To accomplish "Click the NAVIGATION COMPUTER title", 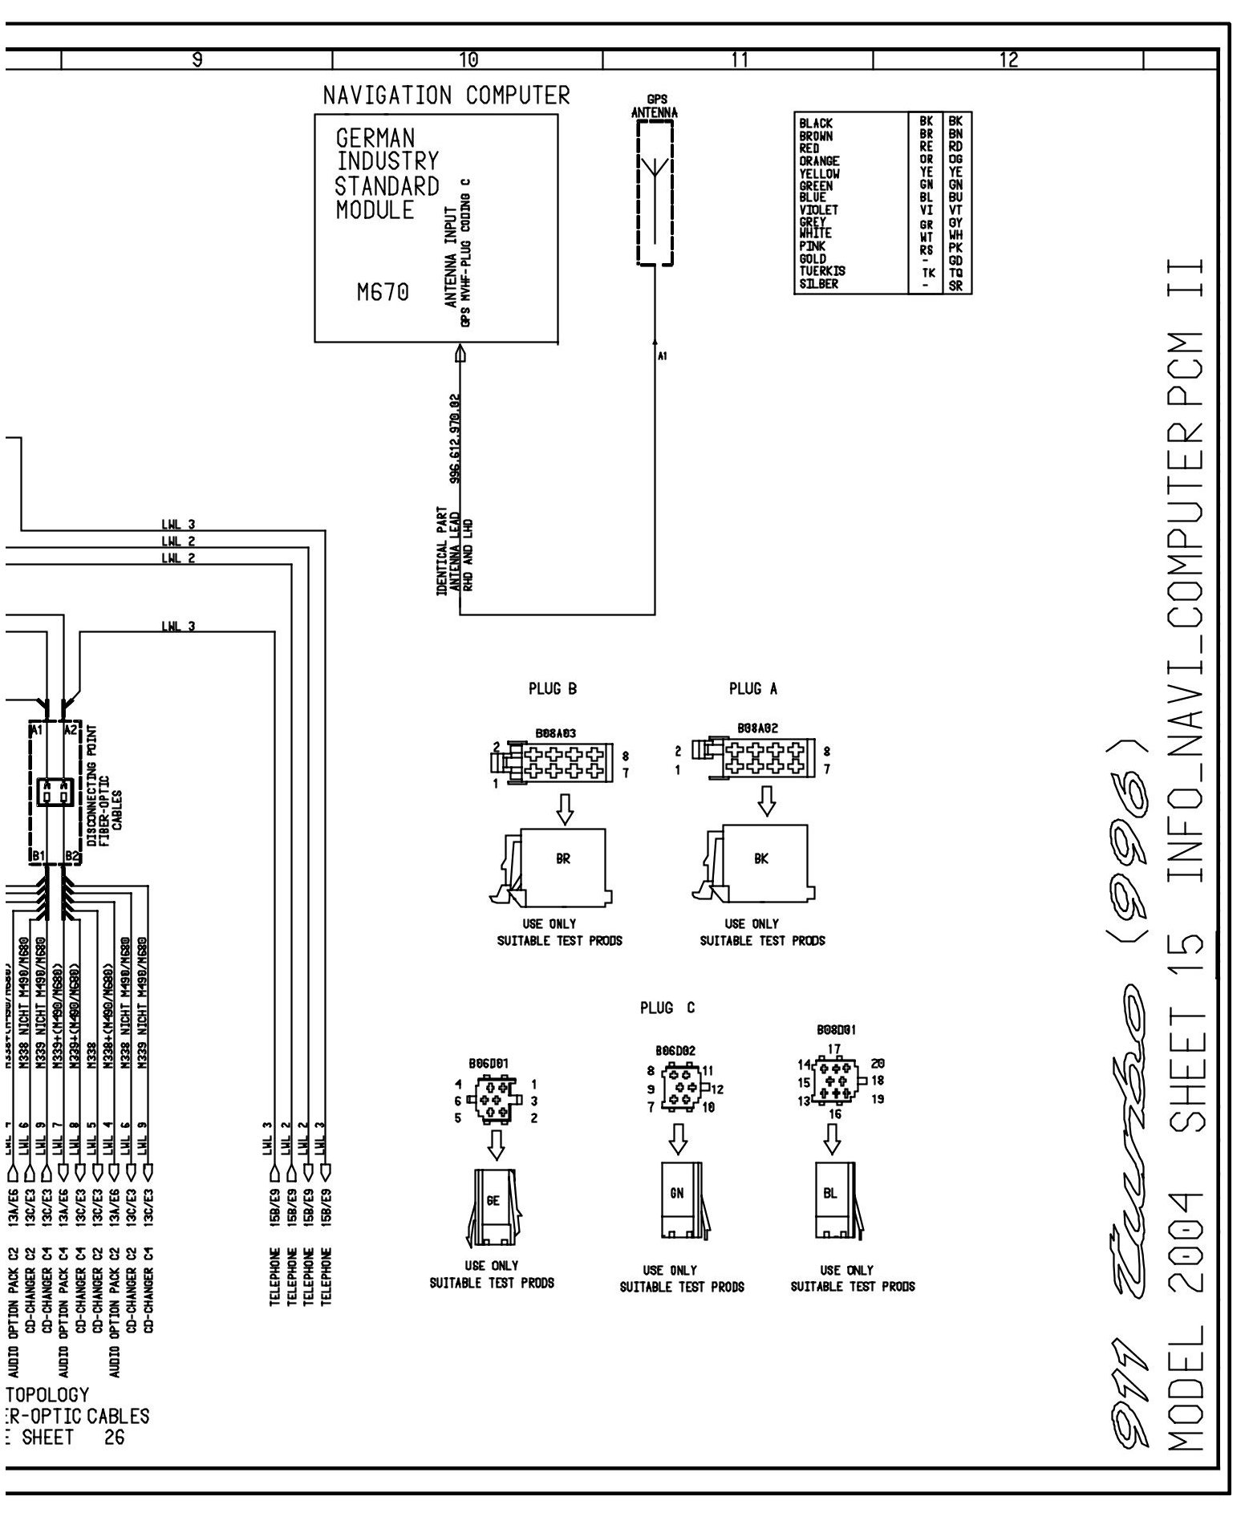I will pyautogui.click(x=446, y=95).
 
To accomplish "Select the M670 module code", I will pyautogui.click(x=383, y=294).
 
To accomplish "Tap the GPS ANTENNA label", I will pyautogui.click(x=654, y=107).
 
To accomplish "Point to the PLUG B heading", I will pyautogui.click(x=552, y=688).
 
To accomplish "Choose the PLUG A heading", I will pyautogui.click(x=752, y=688).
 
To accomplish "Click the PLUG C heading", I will pyautogui.click(x=667, y=1008).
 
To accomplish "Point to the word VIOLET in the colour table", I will pyautogui.click(x=818, y=209).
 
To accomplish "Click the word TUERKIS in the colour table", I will pyautogui.click(x=821, y=271).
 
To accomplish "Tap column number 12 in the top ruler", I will pyautogui.click(x=1008, y=59).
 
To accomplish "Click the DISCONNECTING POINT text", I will pyautogui.click(x=93, y=772).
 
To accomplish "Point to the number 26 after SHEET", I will pyautogui.click(x=114, y=1438).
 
